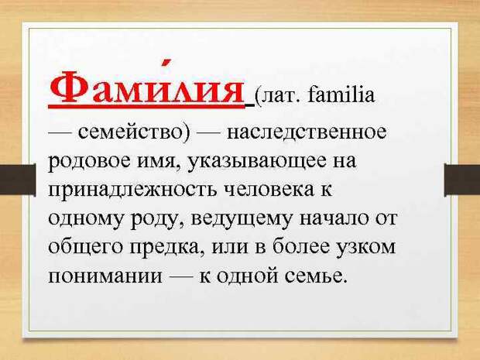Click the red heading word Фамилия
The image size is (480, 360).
(146, 87)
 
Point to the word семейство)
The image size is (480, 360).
(135, 133)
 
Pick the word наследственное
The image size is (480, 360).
(307, 132)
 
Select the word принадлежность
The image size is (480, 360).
(133, 191)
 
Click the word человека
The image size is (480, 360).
(269, 190)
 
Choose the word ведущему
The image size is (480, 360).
(242, 221)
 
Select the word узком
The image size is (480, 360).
(366, 248)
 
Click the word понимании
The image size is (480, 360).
(105, 276)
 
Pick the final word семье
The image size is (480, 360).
(316, 276)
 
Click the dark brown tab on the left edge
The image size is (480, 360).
(18, 180)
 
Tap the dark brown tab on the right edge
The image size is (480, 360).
(462, 180)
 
